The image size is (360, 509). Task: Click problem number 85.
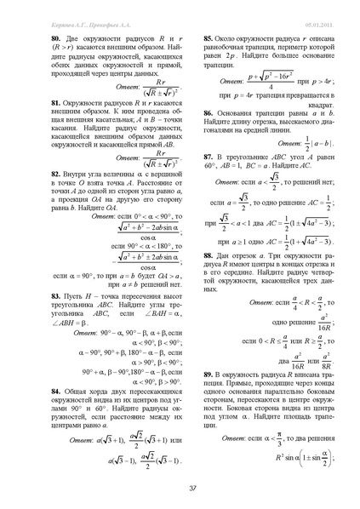tap(206, 39)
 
